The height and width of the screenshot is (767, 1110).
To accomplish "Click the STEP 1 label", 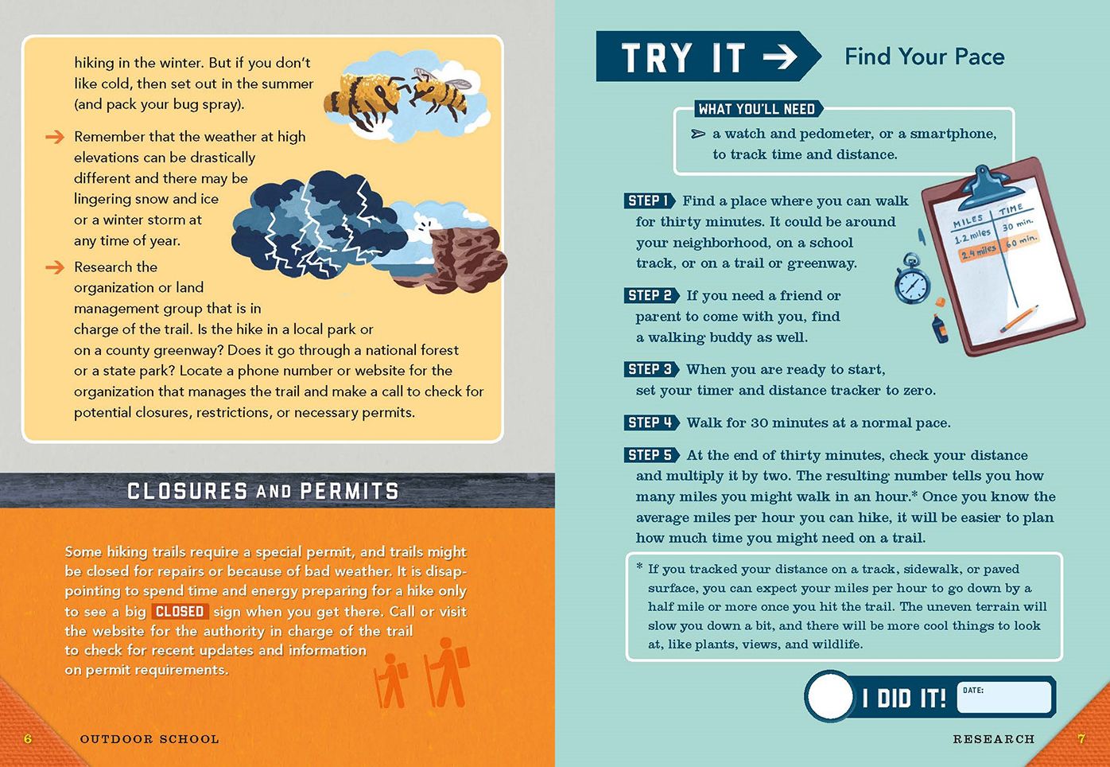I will (648, 201).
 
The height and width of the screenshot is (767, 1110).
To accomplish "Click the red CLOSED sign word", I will (180, 611).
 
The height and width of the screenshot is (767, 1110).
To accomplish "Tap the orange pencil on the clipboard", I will (1019, 318).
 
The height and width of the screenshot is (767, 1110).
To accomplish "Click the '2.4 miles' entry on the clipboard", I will (977, 252).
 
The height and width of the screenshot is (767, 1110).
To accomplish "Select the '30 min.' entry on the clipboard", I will (1018, 225).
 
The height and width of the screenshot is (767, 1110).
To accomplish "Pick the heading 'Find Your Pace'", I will (924, 56).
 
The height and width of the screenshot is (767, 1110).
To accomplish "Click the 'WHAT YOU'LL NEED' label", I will (756, 109).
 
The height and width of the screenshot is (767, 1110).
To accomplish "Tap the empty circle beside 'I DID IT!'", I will (830, 697).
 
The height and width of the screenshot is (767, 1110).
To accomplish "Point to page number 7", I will (1081, 739).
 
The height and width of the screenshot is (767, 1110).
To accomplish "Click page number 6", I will (28, 739).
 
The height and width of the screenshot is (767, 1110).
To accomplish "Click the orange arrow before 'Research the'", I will (55, 267).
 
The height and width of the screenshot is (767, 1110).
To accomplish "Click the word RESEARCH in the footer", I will (993, 739).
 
